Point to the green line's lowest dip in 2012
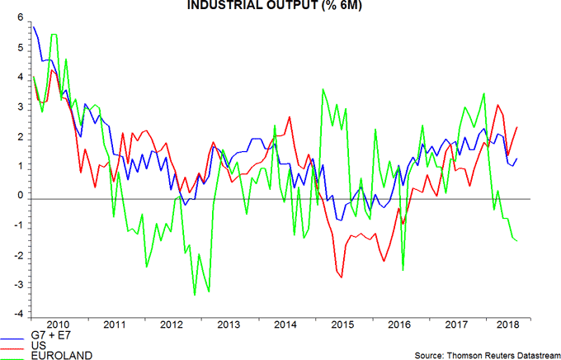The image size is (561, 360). (x=194, y=295)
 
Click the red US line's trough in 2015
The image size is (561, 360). (x=342, y=277)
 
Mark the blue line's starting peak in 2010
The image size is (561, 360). (x=33, y=26)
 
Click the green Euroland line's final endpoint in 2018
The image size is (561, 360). (x=518, y=240)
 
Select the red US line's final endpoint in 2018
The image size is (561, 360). (x=518, y=127)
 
